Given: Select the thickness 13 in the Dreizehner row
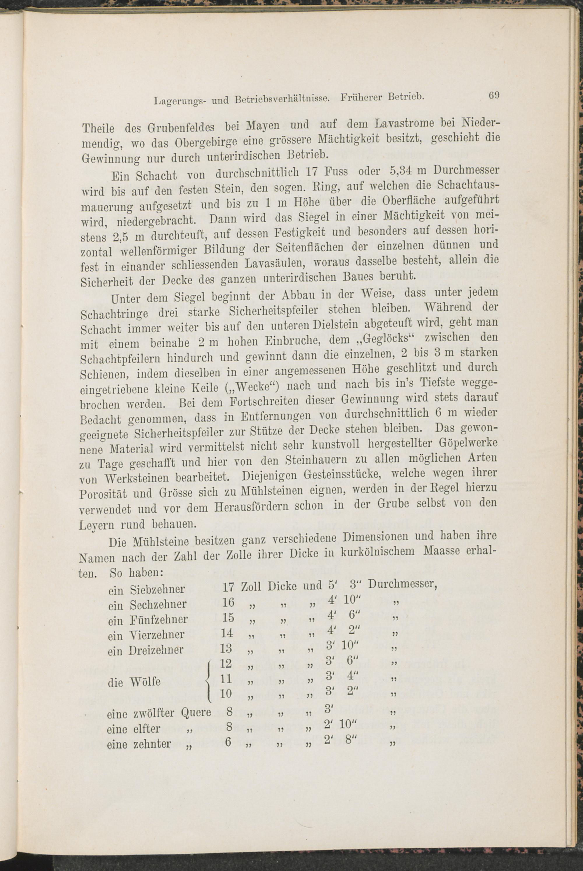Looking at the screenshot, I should click(226, 648).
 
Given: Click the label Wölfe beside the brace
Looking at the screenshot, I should click(145, 681).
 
